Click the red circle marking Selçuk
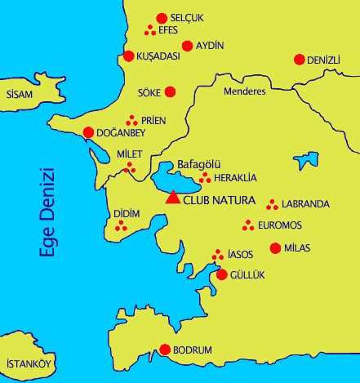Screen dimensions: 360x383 point(162,18)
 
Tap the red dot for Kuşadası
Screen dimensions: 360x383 point(128,56)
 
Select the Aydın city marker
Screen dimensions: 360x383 point(188,46)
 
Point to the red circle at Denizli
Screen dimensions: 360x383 point(299,60)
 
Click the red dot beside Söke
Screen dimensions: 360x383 point(170,92)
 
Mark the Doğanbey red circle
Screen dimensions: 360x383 point(88,132)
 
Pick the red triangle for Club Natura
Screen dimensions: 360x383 point(172,197)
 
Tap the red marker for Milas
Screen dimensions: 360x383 point(275,248)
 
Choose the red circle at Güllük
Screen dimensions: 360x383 point(221,274)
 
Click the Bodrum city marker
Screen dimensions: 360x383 point(164,350)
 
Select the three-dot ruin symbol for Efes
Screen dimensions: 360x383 point(150,30)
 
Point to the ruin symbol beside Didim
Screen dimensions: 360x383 point(122,225)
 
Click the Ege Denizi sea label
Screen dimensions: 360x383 point(49,212)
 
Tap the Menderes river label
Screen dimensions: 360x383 point(245,91)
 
